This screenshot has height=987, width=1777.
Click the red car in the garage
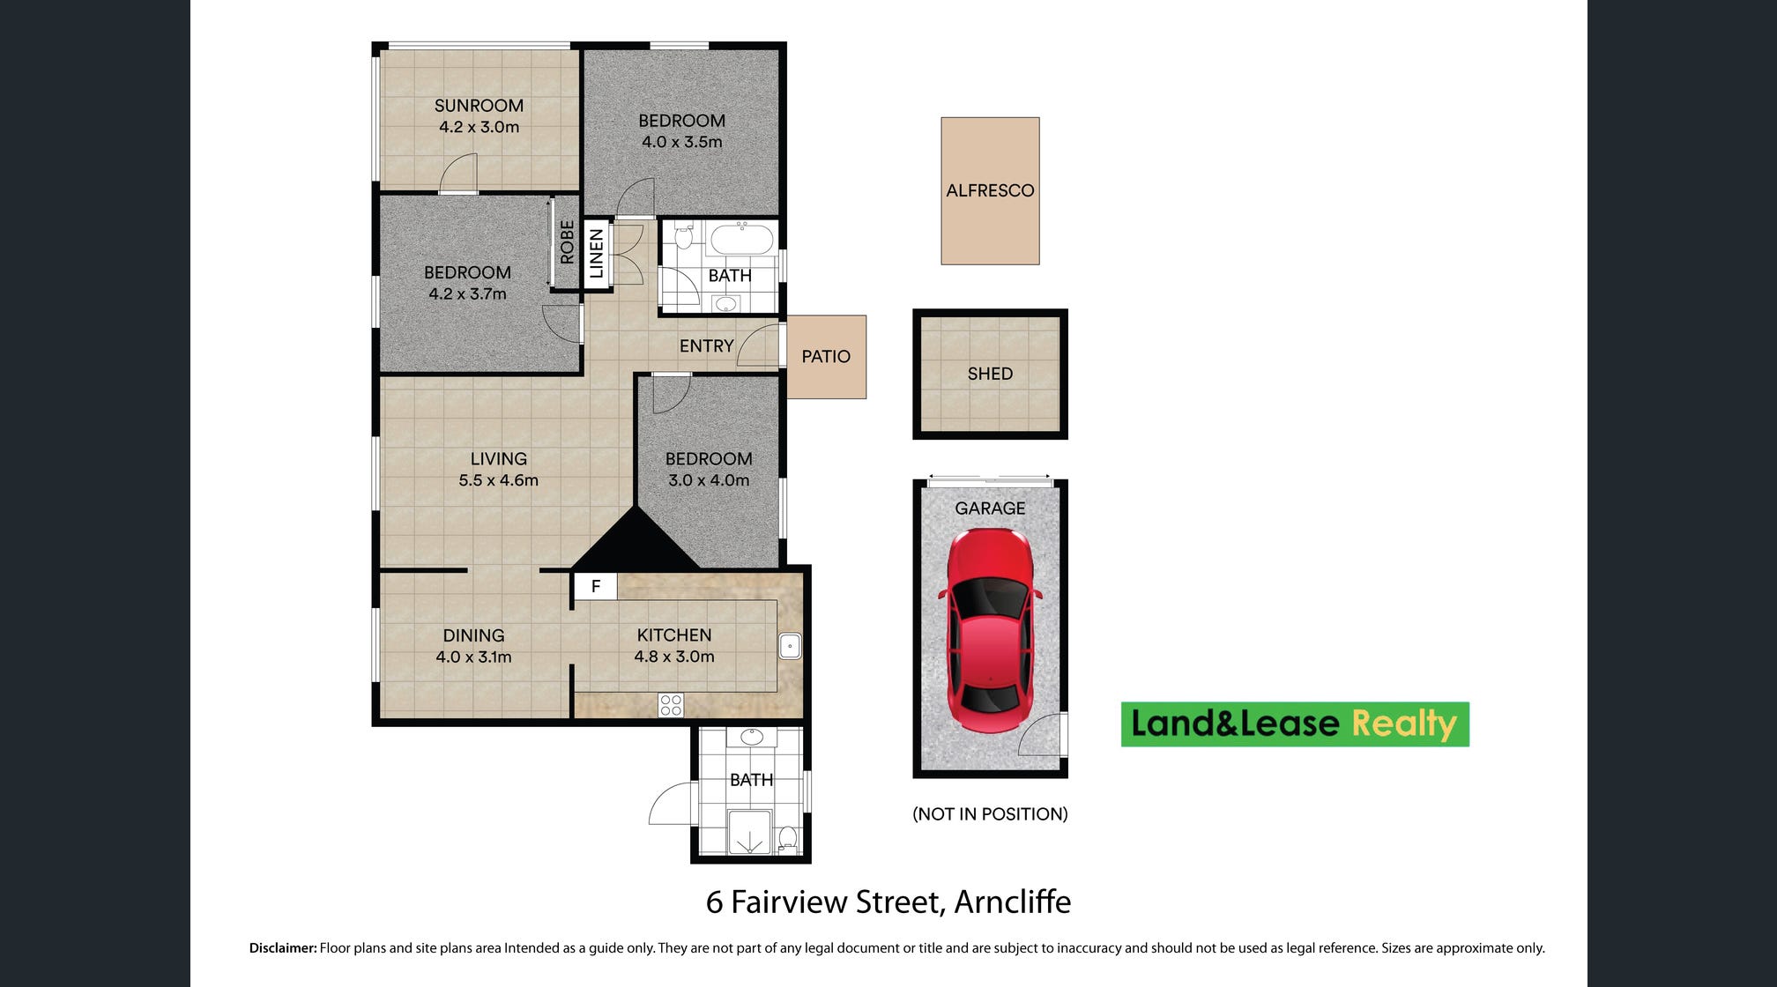point(990,631)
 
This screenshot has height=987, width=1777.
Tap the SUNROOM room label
point(479,106)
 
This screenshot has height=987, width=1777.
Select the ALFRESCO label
point(990,190)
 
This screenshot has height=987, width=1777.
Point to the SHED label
point(990,374)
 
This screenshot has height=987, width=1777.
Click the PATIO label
point(826,357)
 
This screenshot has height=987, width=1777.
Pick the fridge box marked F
point(595,587)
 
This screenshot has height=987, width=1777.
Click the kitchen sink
point(790,646)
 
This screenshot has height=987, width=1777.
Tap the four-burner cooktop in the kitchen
point(671,705)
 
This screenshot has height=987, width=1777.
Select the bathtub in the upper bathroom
point(742,239)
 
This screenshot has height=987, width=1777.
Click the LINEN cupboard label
point(597,253)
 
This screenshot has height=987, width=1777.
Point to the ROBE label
point(567,242)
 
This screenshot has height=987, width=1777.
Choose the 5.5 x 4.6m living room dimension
point(498,480)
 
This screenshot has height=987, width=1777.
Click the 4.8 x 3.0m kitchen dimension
point(674,657)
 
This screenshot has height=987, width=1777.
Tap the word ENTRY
point(707,346)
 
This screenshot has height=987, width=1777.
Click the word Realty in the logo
point(1404,724)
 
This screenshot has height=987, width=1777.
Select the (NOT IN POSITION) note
point(990,814)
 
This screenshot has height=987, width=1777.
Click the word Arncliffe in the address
point(1013,902)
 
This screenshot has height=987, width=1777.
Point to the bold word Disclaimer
point(283,948)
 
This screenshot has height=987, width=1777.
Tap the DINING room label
point(473,635)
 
